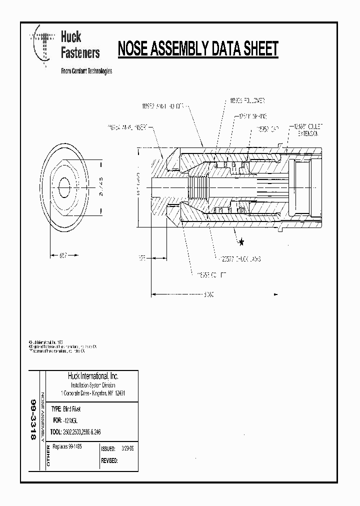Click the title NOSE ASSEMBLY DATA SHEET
pos(197,49)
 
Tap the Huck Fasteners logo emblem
pos(43,46)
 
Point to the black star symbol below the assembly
pos(241,242)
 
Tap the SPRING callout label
pos(246,115)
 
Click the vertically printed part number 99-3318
pos(34,419)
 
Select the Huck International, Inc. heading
pos(92,376)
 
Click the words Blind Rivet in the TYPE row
pos(73,408)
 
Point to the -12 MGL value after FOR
pos(74,420)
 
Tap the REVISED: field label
pos(109,460)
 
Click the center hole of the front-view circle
pos(65,188)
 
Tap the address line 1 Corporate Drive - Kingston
pos(92,393)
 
